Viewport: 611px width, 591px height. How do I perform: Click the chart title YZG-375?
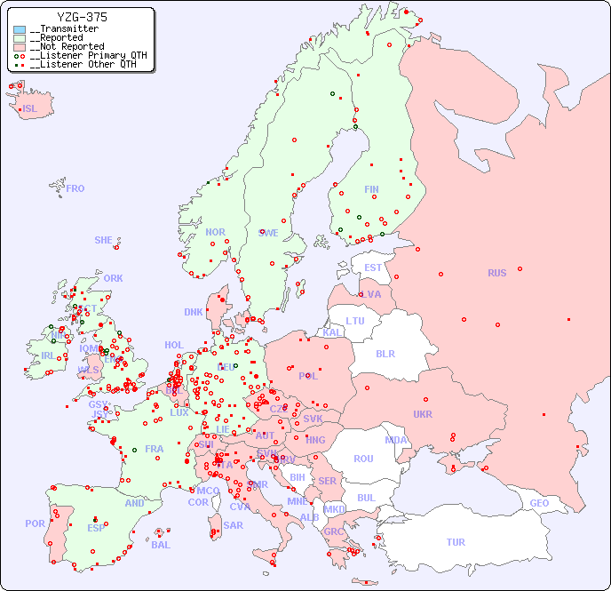coord(82,17)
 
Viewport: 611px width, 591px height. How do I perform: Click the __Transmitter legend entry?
coord(67,29)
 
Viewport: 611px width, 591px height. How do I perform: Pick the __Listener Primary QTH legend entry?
coord(85,55)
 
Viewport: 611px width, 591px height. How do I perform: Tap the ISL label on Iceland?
coord(30,109)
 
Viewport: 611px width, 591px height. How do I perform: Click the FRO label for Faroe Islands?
coord(75,188)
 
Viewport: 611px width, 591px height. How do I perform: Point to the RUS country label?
coord(496,273)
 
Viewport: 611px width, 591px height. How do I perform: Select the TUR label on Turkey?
coord(456,542)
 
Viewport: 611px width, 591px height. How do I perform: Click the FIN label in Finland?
coord(371,189)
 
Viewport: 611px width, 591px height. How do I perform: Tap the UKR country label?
coord(423,414)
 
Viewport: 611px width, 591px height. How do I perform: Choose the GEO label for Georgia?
coord(539,503)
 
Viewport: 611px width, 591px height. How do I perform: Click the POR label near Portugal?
coord(35,523)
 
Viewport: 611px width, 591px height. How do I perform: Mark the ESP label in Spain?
coord(96,528)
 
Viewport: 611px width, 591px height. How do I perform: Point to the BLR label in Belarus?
coord(385,353)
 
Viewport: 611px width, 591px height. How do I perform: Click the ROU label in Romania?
coord(363,459)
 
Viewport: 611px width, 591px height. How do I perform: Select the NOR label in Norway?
coord(215,232)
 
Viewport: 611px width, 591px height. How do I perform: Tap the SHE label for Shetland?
coord(104,240)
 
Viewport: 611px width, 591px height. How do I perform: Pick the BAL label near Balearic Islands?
coord(160,545)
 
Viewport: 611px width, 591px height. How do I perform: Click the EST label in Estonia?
coord(373,268)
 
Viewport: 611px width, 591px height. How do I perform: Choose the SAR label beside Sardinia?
coord(233,525)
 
